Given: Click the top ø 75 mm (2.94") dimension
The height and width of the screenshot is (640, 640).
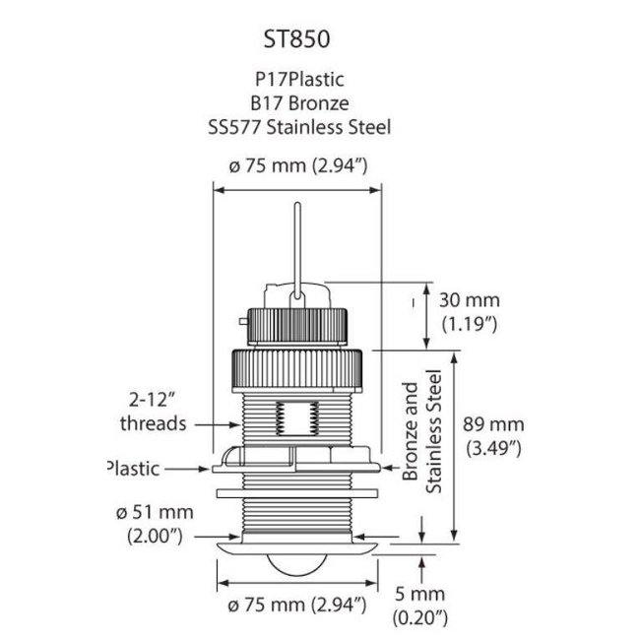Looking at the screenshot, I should click(298, 166).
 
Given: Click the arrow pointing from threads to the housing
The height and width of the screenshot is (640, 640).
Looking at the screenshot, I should click(216, 424).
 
